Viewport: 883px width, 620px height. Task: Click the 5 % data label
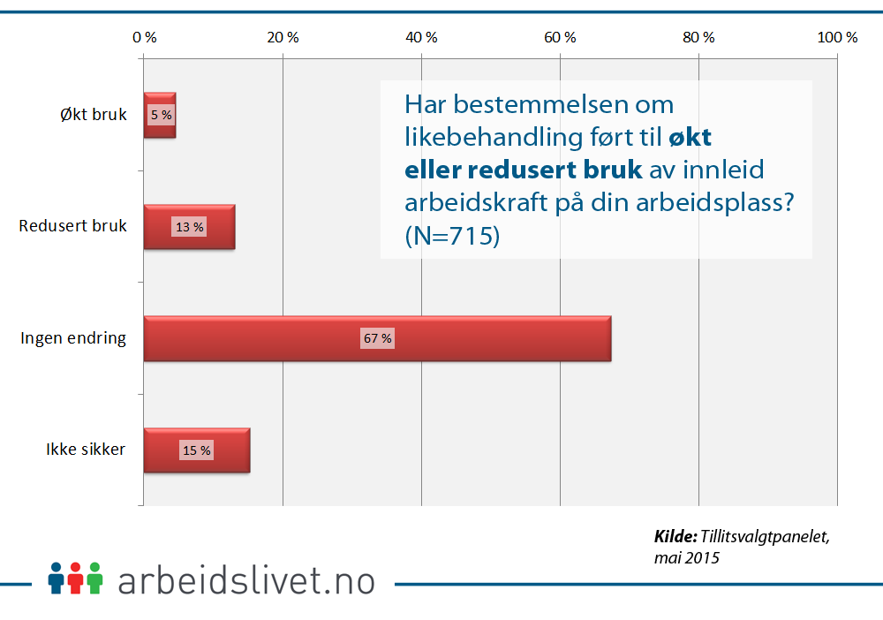coord(161,115)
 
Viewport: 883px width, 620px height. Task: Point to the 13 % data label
coord(189,227)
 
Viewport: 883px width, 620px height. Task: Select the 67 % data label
coord(377,338)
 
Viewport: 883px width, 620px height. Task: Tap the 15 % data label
coord(196,450)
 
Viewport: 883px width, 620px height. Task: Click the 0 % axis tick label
coord(144,38)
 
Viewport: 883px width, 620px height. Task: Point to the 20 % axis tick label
coord(283,38)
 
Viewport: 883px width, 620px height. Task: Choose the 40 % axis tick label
coord(421,38)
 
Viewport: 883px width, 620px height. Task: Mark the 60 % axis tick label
coord(560,38)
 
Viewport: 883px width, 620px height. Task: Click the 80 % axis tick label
coord(698,38)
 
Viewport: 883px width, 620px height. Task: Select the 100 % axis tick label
coord(837,38)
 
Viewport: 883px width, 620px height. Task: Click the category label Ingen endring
coord(73,337)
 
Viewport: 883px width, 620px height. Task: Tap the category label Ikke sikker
coord(86,450)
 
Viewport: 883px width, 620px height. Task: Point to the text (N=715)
coord(452,237)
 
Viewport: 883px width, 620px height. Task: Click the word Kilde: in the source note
coord(675,536)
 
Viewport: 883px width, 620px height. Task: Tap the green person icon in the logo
coord(95,578)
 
